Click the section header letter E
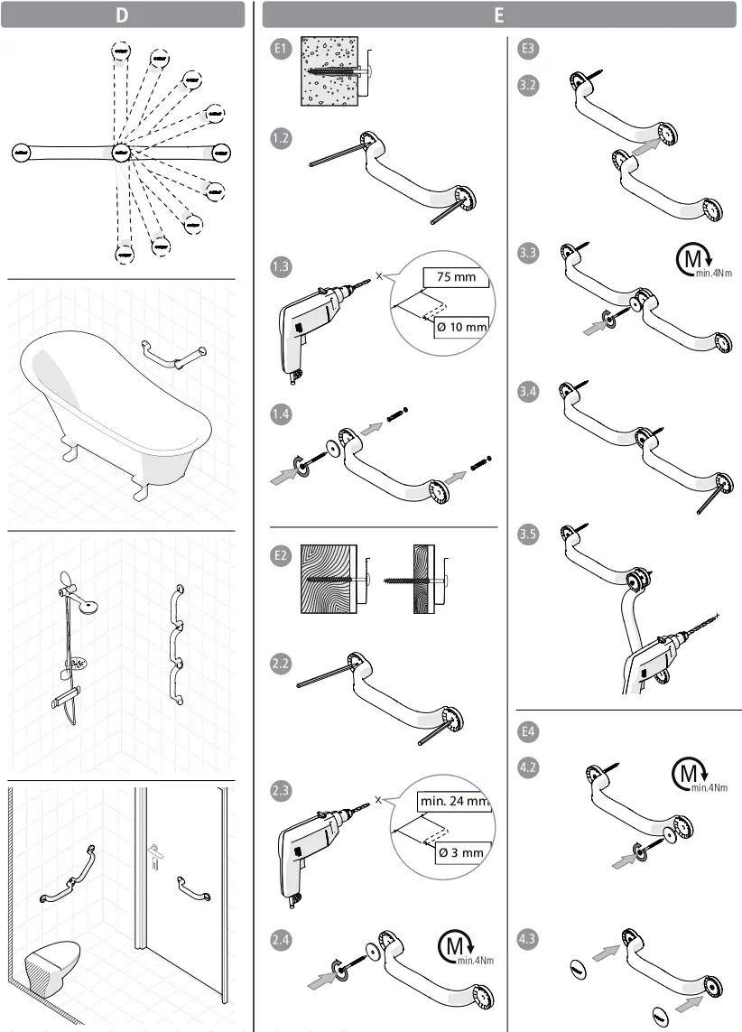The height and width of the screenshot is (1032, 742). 499,14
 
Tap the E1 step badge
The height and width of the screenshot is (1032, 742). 282,51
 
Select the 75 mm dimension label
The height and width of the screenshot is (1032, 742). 456,277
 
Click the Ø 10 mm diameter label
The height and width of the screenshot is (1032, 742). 460,326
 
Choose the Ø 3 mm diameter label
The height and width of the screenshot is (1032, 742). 459,851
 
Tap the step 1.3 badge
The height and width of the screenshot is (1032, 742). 282,266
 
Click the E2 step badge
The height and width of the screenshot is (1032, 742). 282,556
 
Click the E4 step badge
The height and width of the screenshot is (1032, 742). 529,730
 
